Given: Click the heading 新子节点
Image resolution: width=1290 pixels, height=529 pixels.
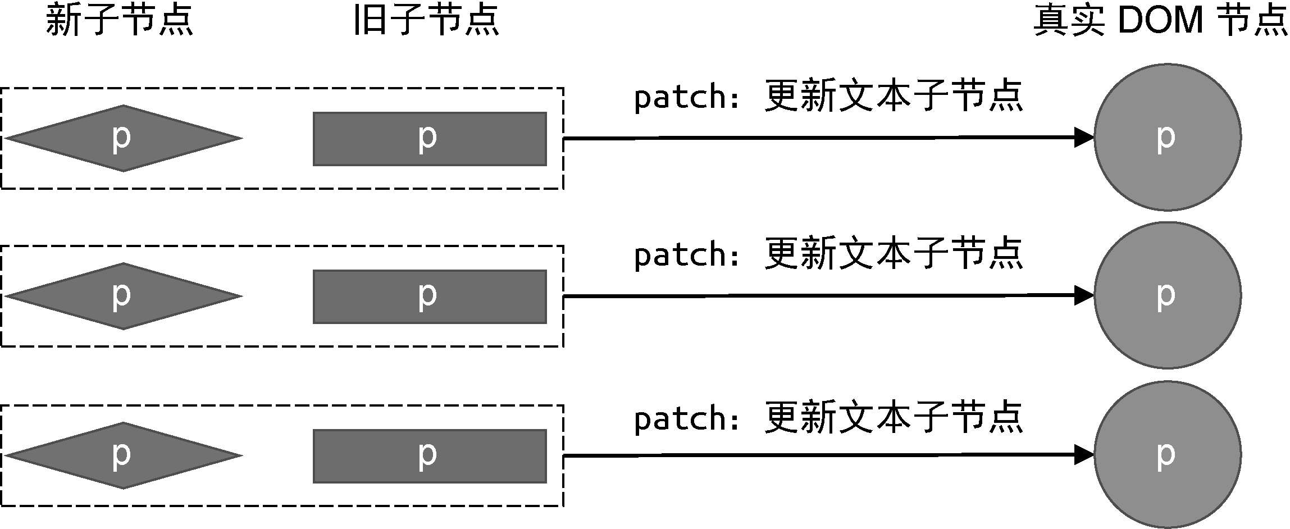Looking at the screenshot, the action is [x=119, y=20].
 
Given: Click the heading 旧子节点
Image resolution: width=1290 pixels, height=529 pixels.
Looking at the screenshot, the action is [x=426, y=20].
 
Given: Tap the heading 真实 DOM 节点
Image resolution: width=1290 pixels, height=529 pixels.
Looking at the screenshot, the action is [x=1160, y=20].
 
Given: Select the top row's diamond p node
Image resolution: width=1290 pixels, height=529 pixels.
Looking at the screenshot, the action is [x=124, y=138].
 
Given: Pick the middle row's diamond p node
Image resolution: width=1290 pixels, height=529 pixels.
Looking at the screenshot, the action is [x=124, y=296].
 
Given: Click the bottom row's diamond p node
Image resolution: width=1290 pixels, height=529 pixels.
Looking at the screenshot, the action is [x=124, y=455].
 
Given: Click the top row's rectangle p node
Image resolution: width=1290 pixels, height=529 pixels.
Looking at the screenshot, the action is [x=430, y=139].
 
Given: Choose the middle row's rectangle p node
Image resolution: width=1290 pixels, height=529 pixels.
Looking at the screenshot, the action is [x=430, y=297].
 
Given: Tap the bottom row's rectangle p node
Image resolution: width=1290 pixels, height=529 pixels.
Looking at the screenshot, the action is [x=430, y=456].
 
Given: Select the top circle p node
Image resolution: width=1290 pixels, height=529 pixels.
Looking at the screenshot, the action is [x=1168, y=137].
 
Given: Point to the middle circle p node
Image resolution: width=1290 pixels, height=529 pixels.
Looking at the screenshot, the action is [x=1168, y=295].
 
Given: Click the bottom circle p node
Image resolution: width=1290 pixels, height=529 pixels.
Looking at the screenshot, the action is [x=1168, y=455].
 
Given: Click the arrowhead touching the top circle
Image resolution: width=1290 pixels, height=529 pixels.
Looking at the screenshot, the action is [x=1084, y=137].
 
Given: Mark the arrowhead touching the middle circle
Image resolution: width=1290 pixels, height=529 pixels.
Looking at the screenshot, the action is [x=1084, y=295].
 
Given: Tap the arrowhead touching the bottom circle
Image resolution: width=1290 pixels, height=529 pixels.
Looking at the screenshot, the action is [x=1084, y=455].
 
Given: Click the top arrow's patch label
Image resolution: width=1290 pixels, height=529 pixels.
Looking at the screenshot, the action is [x=828, y=97].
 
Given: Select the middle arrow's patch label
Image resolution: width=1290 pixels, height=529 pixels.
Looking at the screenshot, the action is [x=828, y=254].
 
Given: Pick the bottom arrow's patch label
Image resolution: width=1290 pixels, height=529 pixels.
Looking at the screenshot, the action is [x=828, y=418].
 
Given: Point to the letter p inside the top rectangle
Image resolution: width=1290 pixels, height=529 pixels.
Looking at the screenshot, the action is [x=427, y=138].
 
